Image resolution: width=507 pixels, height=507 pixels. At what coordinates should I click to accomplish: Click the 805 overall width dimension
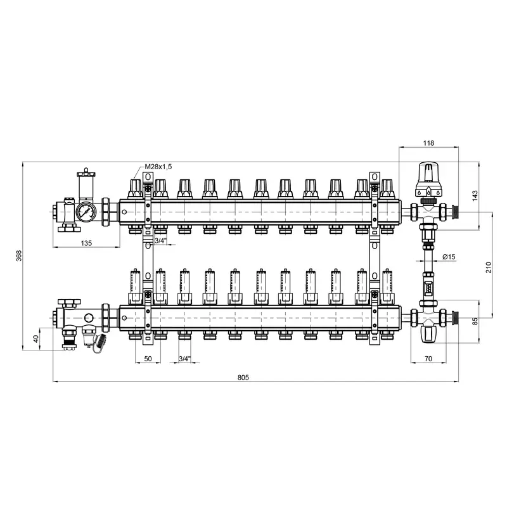coord(243,377)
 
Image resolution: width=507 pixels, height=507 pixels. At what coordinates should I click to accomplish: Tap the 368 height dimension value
coord(19,256)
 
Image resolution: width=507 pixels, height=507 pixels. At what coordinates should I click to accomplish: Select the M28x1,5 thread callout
coord(158,167)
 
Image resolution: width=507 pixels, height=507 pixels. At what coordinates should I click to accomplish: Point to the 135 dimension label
coord(86,243)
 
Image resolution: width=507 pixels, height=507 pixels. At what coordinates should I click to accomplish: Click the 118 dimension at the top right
coord(428,143)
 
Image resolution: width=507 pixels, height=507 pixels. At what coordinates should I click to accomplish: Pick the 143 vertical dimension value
coord(475,196)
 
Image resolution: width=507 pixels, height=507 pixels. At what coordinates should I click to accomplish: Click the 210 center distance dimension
coord(488,267)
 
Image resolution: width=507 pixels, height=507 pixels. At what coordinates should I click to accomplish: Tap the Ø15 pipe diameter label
coord(449,257)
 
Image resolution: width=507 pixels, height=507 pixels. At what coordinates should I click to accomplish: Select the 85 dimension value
coord(475,321)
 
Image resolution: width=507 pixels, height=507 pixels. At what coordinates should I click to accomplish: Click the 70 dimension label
coord(428,359)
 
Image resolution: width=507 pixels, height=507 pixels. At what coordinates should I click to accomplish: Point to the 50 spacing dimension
coord(148,359)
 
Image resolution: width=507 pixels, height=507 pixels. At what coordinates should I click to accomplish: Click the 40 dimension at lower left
coord(36,338)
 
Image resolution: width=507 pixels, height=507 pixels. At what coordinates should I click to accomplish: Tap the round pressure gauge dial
coord(86,212)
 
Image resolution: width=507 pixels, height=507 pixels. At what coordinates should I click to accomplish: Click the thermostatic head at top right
coord(428,179)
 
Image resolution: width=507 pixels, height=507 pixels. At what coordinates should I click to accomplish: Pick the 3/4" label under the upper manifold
coord(160,241)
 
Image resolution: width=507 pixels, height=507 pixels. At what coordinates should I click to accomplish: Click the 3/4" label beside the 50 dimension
coord(184,359)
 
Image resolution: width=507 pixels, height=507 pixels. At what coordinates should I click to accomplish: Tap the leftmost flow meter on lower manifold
coord(135,287)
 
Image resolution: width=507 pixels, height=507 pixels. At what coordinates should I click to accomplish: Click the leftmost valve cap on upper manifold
coord(135,189)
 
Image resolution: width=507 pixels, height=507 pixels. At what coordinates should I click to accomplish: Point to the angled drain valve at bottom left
coord(99,343)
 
